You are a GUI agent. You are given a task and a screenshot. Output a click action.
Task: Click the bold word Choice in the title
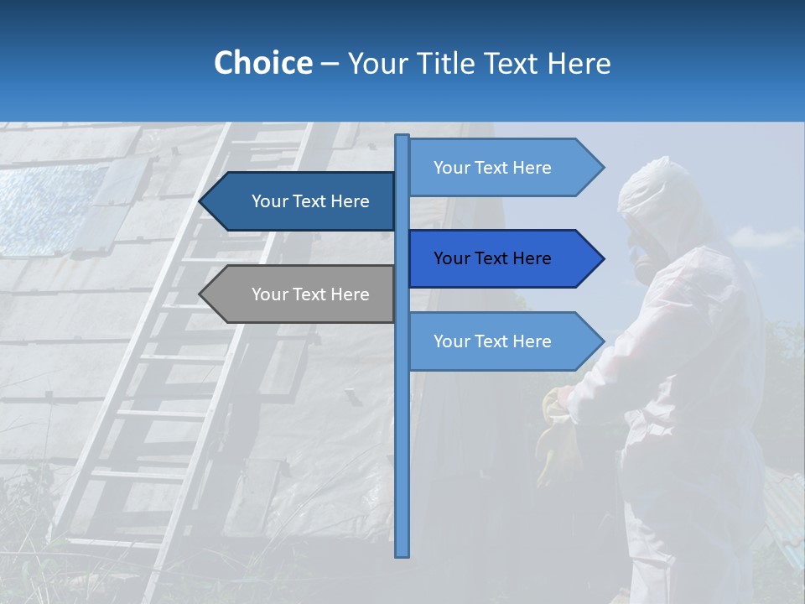coord(262,63)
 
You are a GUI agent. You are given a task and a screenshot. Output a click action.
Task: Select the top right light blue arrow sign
coord(503,168)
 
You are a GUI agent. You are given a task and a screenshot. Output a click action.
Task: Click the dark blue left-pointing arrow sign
coord(302,201)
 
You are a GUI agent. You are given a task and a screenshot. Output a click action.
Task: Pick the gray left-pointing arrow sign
coord(302,294)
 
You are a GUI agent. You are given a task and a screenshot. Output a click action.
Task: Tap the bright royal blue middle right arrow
coord(503,258)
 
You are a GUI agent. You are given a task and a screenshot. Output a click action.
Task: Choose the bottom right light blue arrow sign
coord(503,341)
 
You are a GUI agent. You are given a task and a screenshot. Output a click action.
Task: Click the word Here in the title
coord(578,63)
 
